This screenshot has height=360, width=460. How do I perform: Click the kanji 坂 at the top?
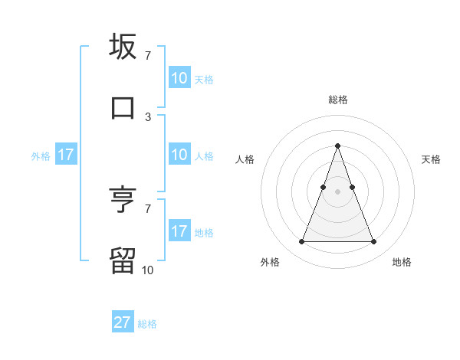tap(123, 47)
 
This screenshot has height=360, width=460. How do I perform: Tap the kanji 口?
tap(123, 106)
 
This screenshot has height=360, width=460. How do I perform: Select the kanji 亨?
tap(123, 200)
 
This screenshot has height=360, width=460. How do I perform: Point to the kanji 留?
tap(123, 260)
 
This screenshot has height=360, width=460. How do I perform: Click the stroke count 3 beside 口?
tap(148, 116)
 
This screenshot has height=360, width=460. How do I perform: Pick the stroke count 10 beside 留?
tap(148, 270)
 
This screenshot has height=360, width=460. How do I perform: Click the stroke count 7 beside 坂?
tap(148, 55)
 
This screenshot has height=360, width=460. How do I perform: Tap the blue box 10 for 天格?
tap(179, 78)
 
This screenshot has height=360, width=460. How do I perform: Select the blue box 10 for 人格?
tap(179, 155)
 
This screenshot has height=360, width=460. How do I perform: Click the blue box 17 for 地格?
tap(179, 231)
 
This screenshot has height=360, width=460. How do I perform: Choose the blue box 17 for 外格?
tap(66, 155)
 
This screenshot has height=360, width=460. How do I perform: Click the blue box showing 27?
tap(123, 322)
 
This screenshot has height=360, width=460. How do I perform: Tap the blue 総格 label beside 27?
tap(147, 324)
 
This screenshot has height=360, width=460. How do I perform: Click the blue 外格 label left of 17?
tap(41, 155)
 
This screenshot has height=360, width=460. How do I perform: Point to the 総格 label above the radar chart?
tap(337, 100)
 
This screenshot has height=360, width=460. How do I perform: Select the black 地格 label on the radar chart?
tap(402, 262)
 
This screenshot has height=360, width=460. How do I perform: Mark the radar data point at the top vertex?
tap(337, 146)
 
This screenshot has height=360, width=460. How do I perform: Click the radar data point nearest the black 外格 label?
tap(301, 242)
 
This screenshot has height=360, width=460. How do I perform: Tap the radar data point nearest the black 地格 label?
tap(373, 242)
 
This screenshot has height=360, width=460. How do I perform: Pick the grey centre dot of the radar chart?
tap(337, 191)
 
